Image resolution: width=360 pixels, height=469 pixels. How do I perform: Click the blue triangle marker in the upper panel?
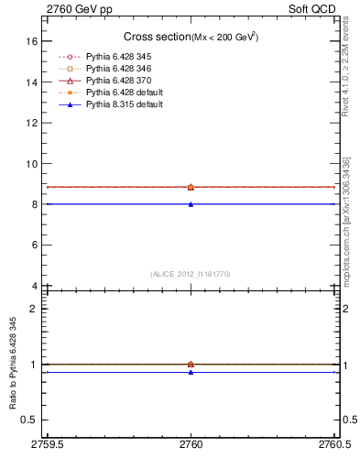[191, 204]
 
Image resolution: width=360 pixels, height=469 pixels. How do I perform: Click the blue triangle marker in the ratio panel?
[191, 372]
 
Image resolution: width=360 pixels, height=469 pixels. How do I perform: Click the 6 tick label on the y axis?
[34, 245]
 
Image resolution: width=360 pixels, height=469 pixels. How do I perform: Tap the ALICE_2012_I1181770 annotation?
[190, 274]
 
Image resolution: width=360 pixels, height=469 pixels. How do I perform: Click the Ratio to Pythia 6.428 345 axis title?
[11, 365]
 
